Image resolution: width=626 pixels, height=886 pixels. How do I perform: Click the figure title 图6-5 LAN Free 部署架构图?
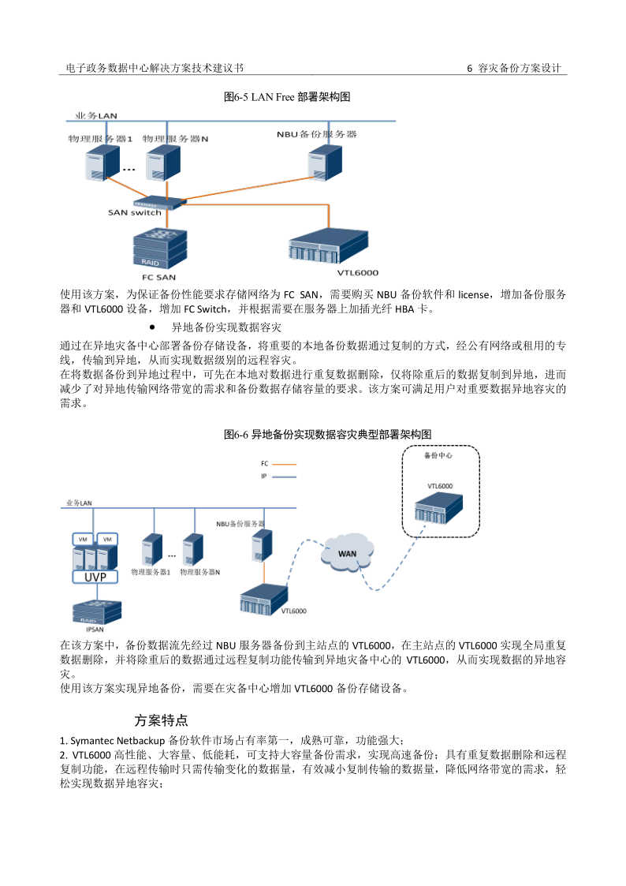(x=287, y=97)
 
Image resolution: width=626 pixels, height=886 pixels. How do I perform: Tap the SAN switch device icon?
(x=161, y=200)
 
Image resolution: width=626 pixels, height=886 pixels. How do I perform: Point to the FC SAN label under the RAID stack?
(x=158, y=277)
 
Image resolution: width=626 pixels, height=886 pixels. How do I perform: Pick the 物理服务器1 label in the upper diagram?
(x=100, y=138)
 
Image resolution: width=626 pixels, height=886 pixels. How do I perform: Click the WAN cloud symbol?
(x=348, y=553)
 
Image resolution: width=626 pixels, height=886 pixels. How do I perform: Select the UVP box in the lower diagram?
(x=95, y=577)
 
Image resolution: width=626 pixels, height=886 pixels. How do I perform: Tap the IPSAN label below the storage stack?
(x=95, y=630)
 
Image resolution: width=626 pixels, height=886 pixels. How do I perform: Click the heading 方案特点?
(x=161, y=720)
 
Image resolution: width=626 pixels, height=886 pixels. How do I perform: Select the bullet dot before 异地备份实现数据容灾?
(x=151, y=326)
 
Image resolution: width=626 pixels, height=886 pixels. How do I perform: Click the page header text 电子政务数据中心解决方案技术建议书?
(x=160, y=69)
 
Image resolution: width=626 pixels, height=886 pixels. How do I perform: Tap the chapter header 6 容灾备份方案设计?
(x=514, y=69)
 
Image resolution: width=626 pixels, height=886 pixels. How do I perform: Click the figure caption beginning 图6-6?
(x=328, y=435)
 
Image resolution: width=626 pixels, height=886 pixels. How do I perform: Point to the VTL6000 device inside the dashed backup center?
(x=439, y=510)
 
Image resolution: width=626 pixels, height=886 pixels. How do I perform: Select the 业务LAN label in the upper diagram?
(x=96, y=116)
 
